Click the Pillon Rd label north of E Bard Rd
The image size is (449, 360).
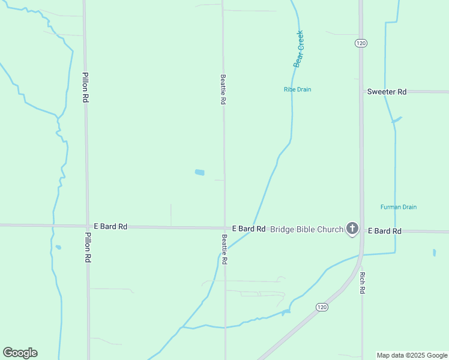(x=86, y=88)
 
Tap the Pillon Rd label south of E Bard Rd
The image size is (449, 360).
(x=88, y=248)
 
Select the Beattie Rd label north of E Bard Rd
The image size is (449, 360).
(x=223, y=90)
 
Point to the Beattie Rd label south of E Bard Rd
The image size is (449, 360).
(x=224, y=250)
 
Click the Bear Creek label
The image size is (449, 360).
(x=299, y=49)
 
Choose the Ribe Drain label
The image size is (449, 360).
(x=297, y=89)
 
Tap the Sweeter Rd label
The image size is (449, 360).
(x=387, y=92)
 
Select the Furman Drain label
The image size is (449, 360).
(x=399, y=207)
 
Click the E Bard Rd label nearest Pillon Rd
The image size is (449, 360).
(x=111, y=227)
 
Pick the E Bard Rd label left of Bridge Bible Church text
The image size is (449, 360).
(x=249, y=229)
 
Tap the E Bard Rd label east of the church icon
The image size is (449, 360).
(x=384, y=231)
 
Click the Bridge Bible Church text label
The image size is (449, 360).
(x=306, y=229)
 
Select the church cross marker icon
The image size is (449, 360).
(x=352, y=229)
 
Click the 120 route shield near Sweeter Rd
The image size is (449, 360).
(x=360, y=43)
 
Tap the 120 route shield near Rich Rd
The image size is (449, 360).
(x=322, y=307)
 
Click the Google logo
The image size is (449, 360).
(x=20, y=353)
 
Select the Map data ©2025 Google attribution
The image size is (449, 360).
(x=411, y=355)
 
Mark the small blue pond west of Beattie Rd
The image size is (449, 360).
(x=199, y=173)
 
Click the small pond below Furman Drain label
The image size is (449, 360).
(x=434, y=253)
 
